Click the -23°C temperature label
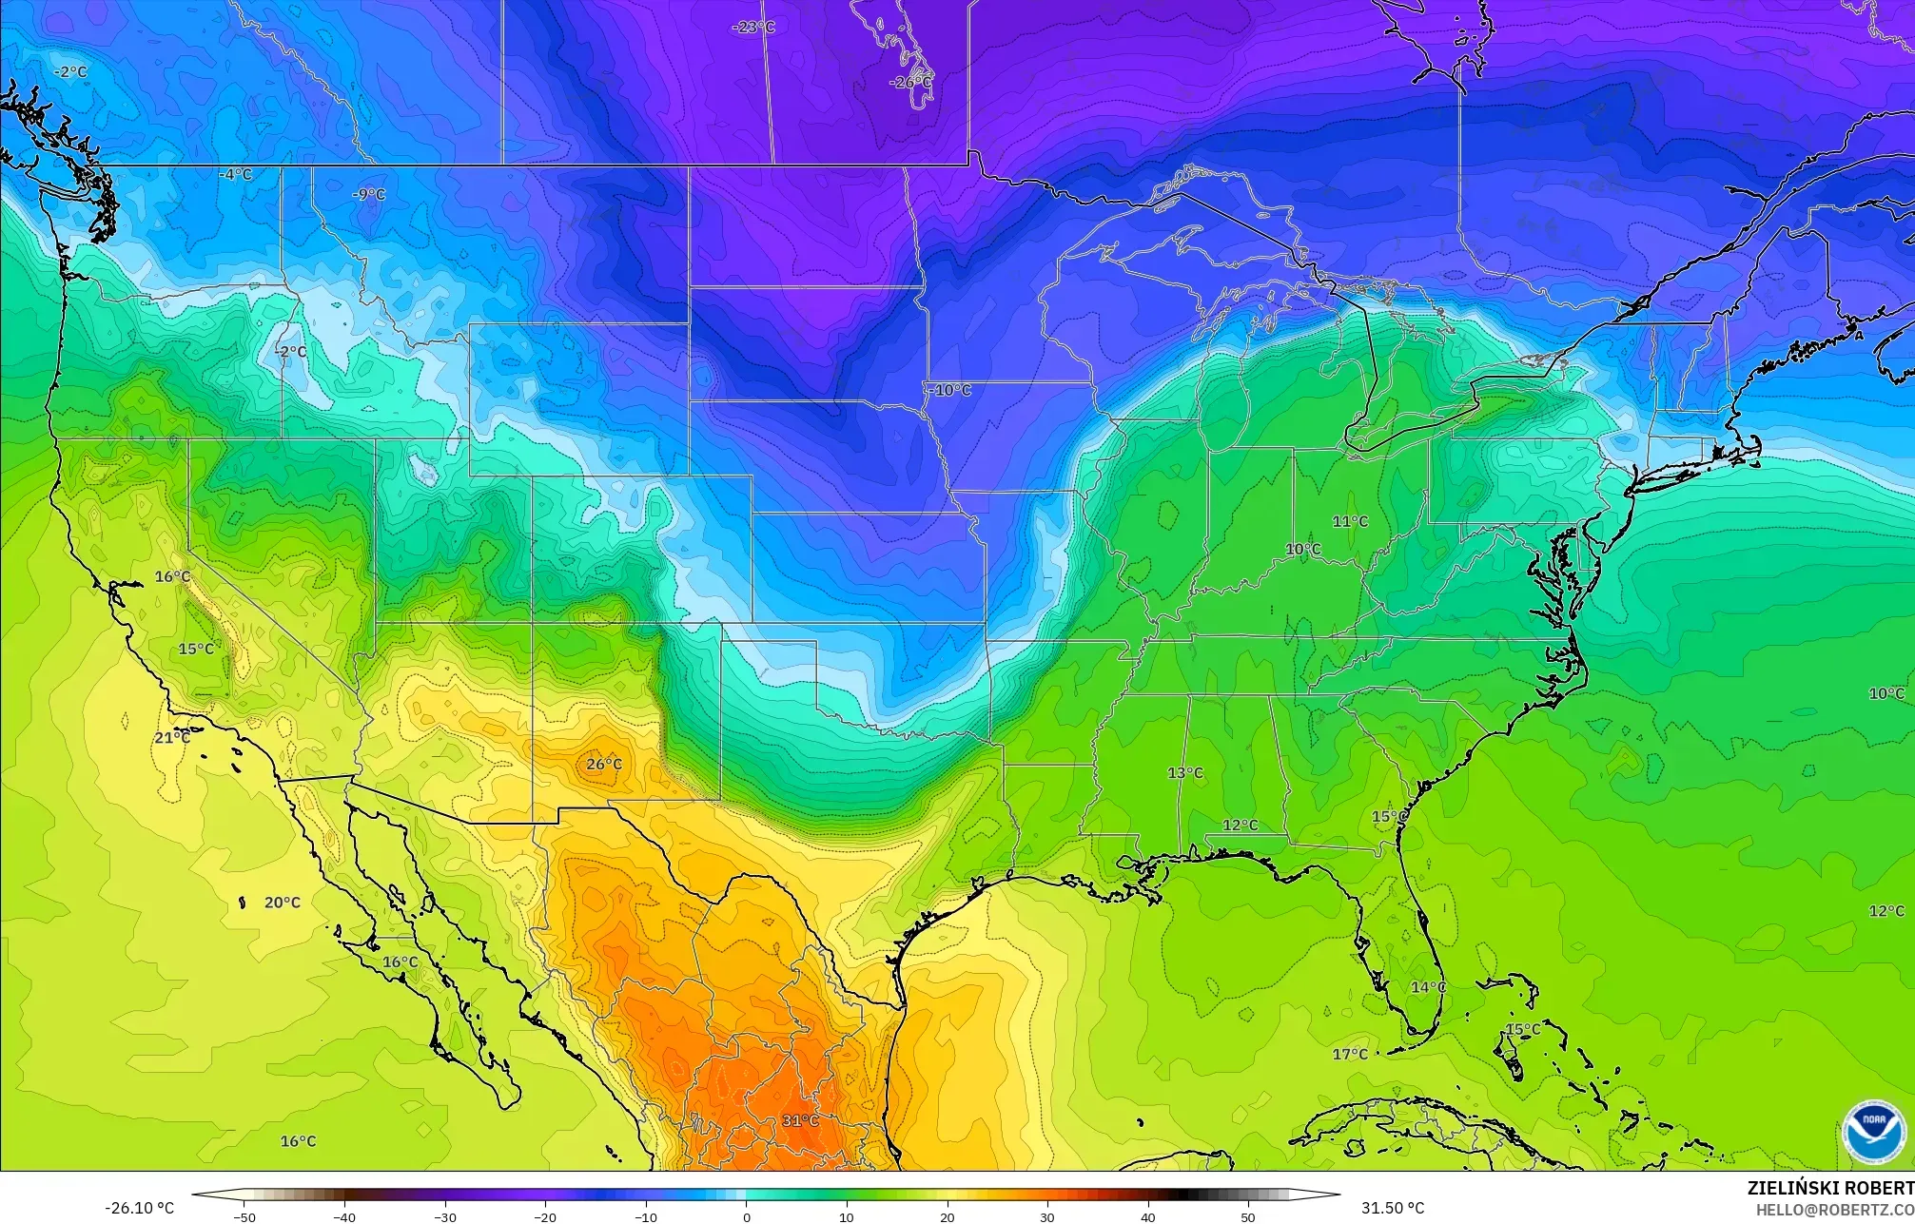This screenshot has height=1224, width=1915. click(x=753, y=28)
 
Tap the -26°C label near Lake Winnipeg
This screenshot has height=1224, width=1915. click(x=910, y=83)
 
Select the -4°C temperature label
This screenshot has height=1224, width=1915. click(x=235, y=174)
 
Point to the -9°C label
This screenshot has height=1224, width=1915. click(x=369, y=195)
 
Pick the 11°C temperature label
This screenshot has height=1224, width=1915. click(x=1350, y=521)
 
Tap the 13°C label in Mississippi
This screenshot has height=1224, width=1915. click(x=1185, y=773)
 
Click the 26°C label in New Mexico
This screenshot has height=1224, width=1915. click(x=604, y=765)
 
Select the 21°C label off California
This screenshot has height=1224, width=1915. click(x=172, y=738)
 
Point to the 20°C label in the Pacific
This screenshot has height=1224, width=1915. click(x=283, y=903)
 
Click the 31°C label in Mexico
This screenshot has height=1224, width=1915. click(x=800, y=1120)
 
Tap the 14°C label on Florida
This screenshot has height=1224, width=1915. click(x=1428, y=987)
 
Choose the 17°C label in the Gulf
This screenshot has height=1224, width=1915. click(x=1350, y=1054)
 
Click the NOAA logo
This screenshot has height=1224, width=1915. click(x=1873, y=1131)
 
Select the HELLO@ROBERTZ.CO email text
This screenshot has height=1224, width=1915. click(x=1834, y=1209)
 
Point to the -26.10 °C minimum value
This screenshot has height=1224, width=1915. click(x=139, y=1208)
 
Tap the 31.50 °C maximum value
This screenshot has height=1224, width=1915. click(x=1393, y=1208)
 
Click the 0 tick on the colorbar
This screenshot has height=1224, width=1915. click(x=747, y=1217)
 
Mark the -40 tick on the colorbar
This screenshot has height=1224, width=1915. click(x=344, y=1217)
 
